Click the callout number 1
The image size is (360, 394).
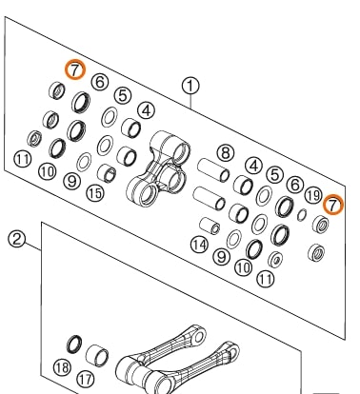click(190, 87)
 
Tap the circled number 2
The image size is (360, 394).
click(16, 239)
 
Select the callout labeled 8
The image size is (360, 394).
click(226, 153)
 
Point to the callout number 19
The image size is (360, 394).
click(313, 195)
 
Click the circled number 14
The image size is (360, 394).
click(199, 245)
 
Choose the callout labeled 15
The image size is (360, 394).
click(95, 192)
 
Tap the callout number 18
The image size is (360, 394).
click(62, 367)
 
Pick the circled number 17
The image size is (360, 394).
click(86, 379)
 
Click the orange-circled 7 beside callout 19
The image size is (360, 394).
click(333, 205)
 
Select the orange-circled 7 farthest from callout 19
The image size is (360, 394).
click(75, 69)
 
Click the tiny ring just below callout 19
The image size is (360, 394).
click(302, 215)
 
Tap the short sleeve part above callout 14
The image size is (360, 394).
click(210, 226)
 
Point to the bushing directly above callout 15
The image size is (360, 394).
click(107, 173)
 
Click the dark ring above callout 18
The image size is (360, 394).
click(74, 344)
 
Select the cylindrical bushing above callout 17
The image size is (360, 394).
click(97, 355)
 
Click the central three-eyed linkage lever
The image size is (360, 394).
click(158, 169)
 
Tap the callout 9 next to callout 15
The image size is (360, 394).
click(72, 182)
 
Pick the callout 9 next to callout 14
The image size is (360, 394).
click(221, 256)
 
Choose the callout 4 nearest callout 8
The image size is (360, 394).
click(253, 166)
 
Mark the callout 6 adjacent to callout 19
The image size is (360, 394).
click(295, 184)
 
